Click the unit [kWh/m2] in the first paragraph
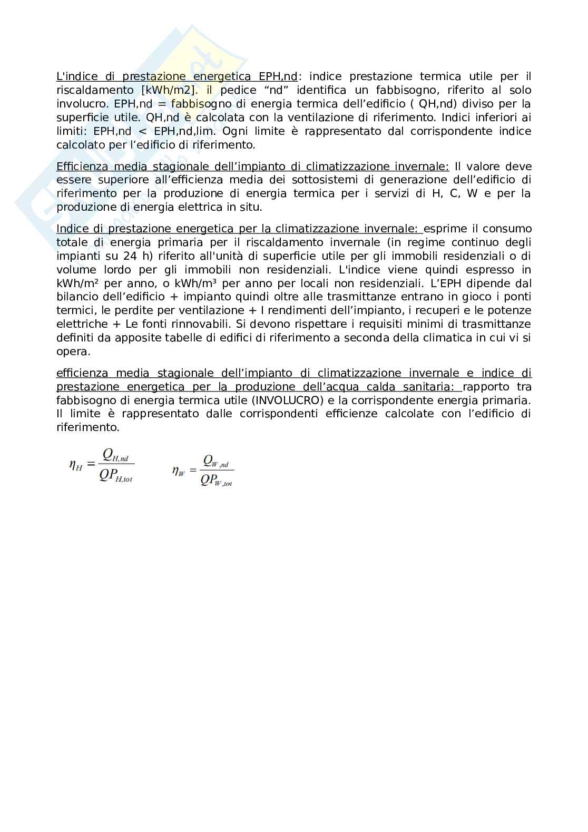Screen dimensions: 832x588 point(165,90)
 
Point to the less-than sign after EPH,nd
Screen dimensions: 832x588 point(142,131)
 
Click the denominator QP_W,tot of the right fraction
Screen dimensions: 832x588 point(216,480)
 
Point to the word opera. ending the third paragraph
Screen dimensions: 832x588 point(73,351)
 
